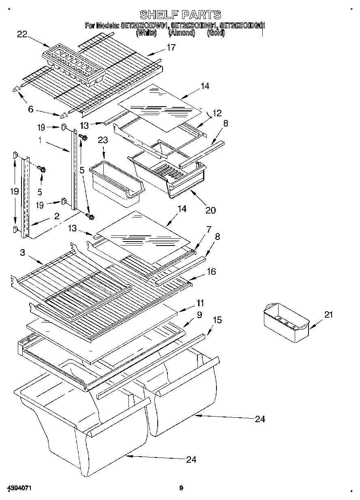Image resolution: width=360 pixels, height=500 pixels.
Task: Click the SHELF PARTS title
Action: (x=180, y=15)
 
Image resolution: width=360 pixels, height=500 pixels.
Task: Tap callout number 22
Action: (x=22, y=34)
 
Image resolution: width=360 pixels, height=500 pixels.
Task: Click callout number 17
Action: (x=171, y=48)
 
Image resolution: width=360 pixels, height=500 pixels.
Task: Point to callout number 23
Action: (x=103, y=141)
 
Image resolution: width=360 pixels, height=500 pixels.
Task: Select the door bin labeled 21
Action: (x=286, y=320)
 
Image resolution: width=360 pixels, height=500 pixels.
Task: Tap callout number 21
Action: (x=328, y=314)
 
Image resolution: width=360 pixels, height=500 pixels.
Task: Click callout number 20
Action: (x=210, y=210)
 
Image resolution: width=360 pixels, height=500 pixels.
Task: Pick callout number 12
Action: (x=217, y=113)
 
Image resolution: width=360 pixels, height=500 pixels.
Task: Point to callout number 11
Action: (x=200, y=303)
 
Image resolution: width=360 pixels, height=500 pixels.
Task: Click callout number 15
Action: (x=217, y=320)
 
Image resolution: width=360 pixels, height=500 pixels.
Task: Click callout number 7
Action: (x=208, y=229)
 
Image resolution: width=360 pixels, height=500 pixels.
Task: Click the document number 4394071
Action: (x=19, y=487)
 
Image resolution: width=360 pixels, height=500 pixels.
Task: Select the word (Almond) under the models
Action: (x=182, y=33)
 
